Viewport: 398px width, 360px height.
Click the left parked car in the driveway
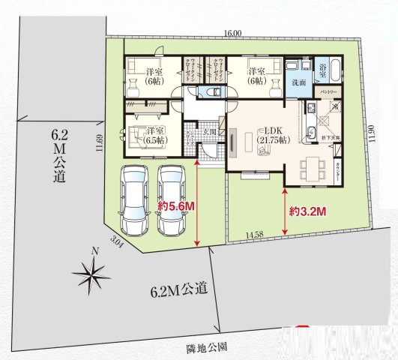pyautogui.click(x=135, y=201)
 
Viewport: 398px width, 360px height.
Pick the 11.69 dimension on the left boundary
pyautogui.click(x=98, y=142)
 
